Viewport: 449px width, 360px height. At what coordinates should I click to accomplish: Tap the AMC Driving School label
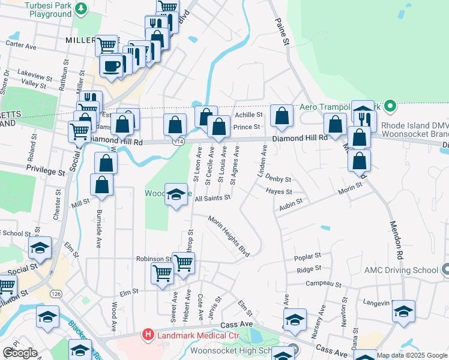pos(400,269)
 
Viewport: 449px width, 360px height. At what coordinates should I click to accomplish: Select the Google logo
pos(20,352)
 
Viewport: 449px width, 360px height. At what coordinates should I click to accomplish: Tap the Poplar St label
pos(308,257)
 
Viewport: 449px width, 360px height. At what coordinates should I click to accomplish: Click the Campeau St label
pos(323,283)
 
